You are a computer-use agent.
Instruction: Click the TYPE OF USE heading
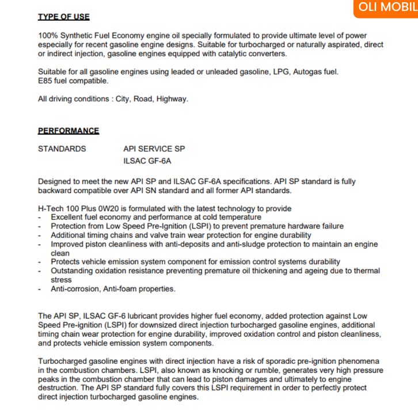point(63,17)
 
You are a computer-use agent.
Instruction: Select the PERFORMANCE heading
point(69,131)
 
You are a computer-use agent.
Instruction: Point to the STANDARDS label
point(62,149)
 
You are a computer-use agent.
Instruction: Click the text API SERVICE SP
point(154,149)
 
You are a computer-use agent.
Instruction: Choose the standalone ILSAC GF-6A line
point(147,161)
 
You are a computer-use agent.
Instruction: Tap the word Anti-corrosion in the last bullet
point(75,289)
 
